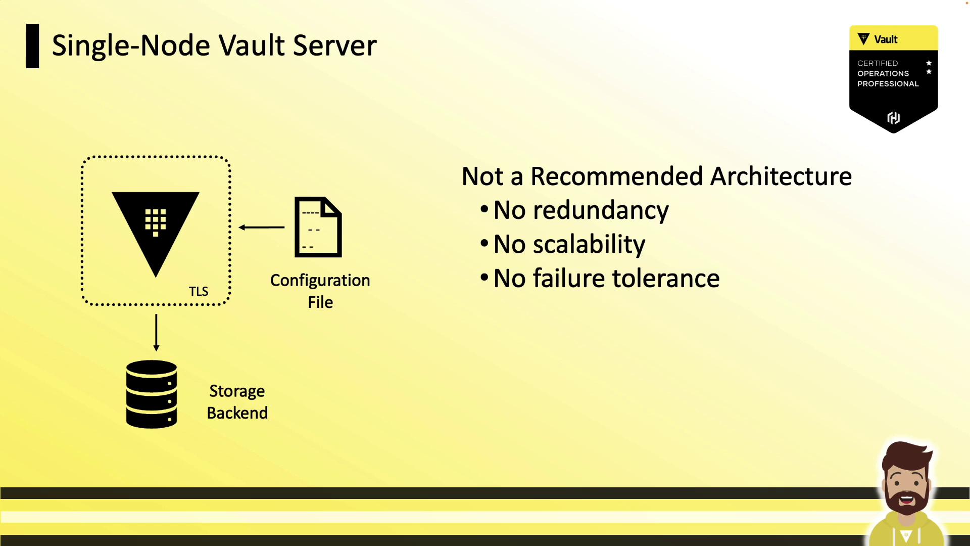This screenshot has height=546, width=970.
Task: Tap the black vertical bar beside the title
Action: pos(32,45)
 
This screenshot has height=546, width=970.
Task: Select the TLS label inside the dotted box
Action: pos(199,291)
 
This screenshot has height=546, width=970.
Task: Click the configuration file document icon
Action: pos(318,227)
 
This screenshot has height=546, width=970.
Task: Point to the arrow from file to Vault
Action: pos(262,227)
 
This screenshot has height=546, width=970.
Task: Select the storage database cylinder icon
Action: pos(152,394)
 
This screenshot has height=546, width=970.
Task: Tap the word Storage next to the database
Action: pos(237,391)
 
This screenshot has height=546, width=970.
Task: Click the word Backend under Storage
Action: pos(237,413)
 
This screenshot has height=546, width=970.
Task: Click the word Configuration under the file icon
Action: pos(320,280)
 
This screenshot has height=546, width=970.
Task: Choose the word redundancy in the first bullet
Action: pos(601,210)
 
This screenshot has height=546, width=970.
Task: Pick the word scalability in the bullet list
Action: pos(589,244)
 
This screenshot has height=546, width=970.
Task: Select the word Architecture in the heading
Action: pos(781,176)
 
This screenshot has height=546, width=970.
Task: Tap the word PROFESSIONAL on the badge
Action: pos(888,84)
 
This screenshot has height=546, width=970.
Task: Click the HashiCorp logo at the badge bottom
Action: pos(893,118)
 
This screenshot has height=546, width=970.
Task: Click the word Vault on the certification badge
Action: pos(886,39)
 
